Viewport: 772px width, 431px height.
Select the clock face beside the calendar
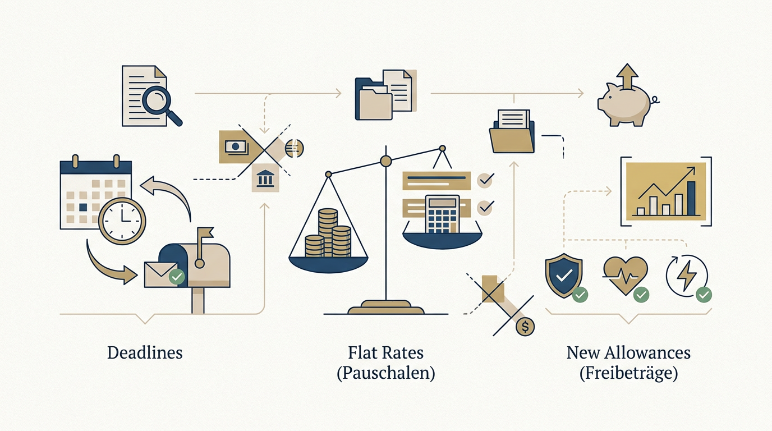coord(122,221)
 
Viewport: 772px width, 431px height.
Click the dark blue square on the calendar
coord(83,207)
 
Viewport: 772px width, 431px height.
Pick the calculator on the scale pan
coord(443,214)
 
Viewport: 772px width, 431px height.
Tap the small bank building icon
coord(265,178)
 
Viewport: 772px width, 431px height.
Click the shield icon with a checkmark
coord(564,275)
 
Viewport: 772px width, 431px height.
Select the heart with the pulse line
coord(626,276)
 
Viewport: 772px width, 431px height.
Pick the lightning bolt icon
coord(687,275)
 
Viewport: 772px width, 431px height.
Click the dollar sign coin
coord(525,327)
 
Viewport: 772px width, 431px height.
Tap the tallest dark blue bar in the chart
coord(691,198)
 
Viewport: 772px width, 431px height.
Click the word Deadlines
coord(145,353)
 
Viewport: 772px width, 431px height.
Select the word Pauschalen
coord(385,373)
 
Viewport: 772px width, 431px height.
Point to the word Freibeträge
coord(628,373)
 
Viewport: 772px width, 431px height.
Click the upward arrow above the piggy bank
coord(627,76)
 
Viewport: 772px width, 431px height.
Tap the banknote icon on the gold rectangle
coord(236,146)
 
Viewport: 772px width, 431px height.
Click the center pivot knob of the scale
coord(385,161)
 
